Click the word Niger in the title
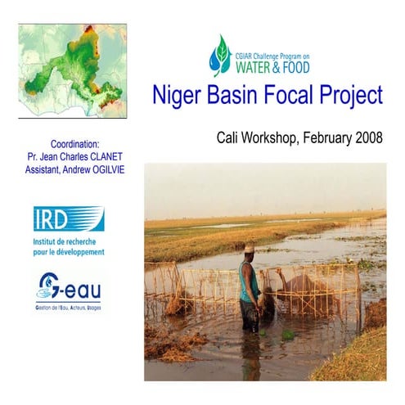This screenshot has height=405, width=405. click(175, 96)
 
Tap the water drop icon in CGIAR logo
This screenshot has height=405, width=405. click(220, 56)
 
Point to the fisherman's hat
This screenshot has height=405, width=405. click(250, 247)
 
